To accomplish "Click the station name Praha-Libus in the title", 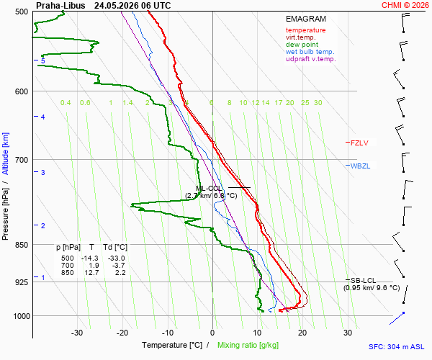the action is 60,6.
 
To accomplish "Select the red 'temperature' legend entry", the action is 305,30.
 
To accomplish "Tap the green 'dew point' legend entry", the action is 302,45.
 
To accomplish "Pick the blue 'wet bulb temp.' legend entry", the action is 310,52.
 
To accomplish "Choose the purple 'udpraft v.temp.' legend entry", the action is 311,59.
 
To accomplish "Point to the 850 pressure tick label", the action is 21,245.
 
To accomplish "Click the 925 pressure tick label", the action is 21,282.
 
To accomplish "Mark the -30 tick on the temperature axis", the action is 77,333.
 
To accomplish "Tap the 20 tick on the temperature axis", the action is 302,333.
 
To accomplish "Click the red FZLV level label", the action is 359,143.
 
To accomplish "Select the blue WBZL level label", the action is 360,166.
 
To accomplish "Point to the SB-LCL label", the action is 363,281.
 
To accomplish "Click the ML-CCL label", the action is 209,189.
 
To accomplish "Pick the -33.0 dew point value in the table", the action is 116,258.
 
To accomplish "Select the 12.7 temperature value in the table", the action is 91,273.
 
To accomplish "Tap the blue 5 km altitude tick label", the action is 42,60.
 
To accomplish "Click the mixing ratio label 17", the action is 278,103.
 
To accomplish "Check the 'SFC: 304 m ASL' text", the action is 397,347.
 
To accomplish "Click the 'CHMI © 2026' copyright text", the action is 405,5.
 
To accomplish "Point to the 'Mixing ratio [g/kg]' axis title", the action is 248,345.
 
